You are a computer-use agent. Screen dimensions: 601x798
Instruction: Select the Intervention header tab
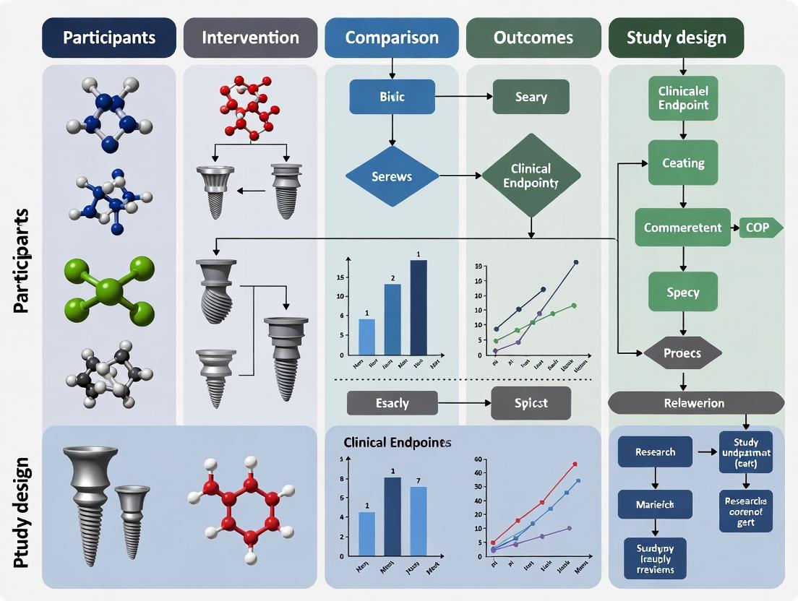(x=249, y=38)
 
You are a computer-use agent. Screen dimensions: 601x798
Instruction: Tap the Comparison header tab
(x=391, y=38)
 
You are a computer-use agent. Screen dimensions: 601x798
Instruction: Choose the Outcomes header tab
(x=533, y=38)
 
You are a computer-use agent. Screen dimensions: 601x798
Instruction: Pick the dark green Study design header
(x=677, y=38)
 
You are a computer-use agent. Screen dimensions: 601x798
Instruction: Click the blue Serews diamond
(x=392, y=176)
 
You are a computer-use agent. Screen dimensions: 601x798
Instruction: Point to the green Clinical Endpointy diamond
(x=531, y=176)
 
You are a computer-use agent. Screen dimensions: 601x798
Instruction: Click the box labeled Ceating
(x=683, y=163)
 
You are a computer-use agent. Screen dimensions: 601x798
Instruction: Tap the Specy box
(x=683, y=293)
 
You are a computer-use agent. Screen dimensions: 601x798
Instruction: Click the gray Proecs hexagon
(x=683, y=353)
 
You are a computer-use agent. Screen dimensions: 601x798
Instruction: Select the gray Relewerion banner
(x=695, y=402)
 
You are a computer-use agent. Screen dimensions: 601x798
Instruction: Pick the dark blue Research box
(x=655, y=452)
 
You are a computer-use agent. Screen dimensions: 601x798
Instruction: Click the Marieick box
(x=655, y=503)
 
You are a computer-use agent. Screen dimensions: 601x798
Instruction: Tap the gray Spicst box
(x=531, y=402)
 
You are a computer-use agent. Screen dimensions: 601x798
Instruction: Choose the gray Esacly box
(x=392, y=402)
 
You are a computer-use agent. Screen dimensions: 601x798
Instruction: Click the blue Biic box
(x=392, y=97)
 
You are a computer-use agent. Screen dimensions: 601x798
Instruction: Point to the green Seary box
(x=531, y=97)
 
